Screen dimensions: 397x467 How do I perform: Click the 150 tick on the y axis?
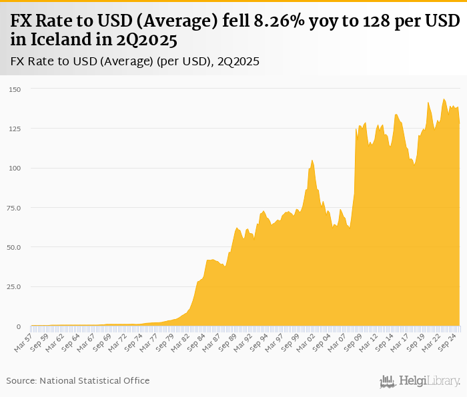pos(15,89)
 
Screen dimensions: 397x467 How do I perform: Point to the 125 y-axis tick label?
pos(15,129)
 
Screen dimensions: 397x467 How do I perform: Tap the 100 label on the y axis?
pos(15,169)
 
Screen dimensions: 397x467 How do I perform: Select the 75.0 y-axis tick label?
pos(14,208)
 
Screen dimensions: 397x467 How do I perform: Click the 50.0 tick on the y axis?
pos(14,247)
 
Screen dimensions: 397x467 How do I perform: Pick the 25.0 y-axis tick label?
pos(14,287)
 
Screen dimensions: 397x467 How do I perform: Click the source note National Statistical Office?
pos(94,380)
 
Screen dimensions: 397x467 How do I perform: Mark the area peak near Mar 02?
pos(312,160)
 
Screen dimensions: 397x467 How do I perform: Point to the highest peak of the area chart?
pos(444,99)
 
